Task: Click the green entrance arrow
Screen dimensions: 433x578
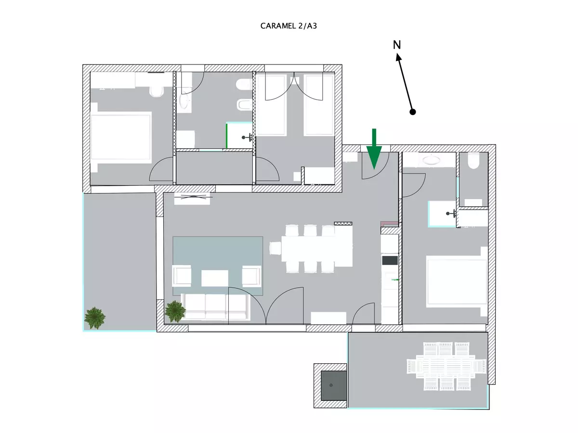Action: pos(374,149)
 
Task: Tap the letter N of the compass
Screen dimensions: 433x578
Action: pos(397,45)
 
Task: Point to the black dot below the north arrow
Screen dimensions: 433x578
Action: pos(413,112)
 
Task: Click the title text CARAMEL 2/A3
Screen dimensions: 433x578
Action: pos(289,26)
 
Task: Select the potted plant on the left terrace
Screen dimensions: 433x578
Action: pos(95,318)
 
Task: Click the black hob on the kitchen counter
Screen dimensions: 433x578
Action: pos(390,260)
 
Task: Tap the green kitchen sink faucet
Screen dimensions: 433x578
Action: pos(395,280)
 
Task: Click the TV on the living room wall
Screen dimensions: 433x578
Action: pos(192,197)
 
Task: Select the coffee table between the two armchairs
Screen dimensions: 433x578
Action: pos(215,278)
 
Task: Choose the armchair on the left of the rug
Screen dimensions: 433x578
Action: pos(182,276)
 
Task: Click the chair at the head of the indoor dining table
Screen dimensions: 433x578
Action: pos(275,248)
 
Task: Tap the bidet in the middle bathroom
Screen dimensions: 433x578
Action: pos(244,105)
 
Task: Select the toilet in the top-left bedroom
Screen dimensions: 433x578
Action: pos(156,91)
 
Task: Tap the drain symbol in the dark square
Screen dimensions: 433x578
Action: pos(331,385)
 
